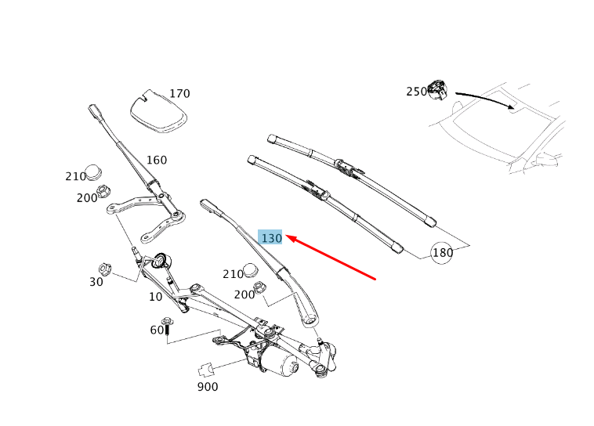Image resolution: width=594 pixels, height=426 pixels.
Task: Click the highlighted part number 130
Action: pos(271,237)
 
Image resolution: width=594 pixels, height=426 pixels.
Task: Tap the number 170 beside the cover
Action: pos(179,94)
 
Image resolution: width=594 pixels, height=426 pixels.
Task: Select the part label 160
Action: pos(157,161)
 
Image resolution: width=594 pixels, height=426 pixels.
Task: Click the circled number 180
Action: pos(443,253)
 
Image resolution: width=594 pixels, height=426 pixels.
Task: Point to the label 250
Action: pos(416,92)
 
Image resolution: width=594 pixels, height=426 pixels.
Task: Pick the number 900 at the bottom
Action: pos(208,387)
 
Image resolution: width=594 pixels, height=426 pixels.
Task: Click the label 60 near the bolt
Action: pos(157,330)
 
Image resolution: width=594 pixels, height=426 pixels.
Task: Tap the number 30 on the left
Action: pos(96,282)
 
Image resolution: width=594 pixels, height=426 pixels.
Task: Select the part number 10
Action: pos(156,298)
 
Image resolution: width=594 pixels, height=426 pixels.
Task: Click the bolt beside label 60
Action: pos(167,327)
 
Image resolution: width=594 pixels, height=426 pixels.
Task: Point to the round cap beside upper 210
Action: pos(93,171)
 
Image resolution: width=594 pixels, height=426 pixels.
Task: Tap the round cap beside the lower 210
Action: pos(251,270)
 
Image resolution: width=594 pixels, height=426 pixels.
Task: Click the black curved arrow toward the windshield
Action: pos(486,99)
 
